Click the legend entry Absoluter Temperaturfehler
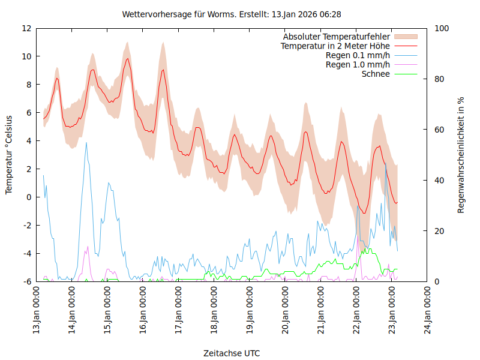pyautogui.click(x=337, y=37)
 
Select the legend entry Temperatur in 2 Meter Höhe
pyautogui.click(x=335, y=46)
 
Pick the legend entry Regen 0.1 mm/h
pyautogui.click(x=358, y=56)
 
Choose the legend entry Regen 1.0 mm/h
pyautogui.click(x=358, y=65)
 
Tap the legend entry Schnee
pyautogui.click(x=376, y=74)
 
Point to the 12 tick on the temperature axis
pyautogui.click(x=26, y=28)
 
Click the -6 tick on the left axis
pyautogui.click(x=26, y=281)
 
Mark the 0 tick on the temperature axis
pyautogui.click(x=29, y=197)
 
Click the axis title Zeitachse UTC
pyautogui.click(x=232, y=353)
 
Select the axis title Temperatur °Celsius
pyautogui.click(x=9, y=155)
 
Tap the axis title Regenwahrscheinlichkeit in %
pyautogui.click(x=461, y=155)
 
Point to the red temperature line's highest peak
pyautogui.click(x=127, y=58)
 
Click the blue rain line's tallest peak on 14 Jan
pyautogui.click(x=86, y=143)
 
